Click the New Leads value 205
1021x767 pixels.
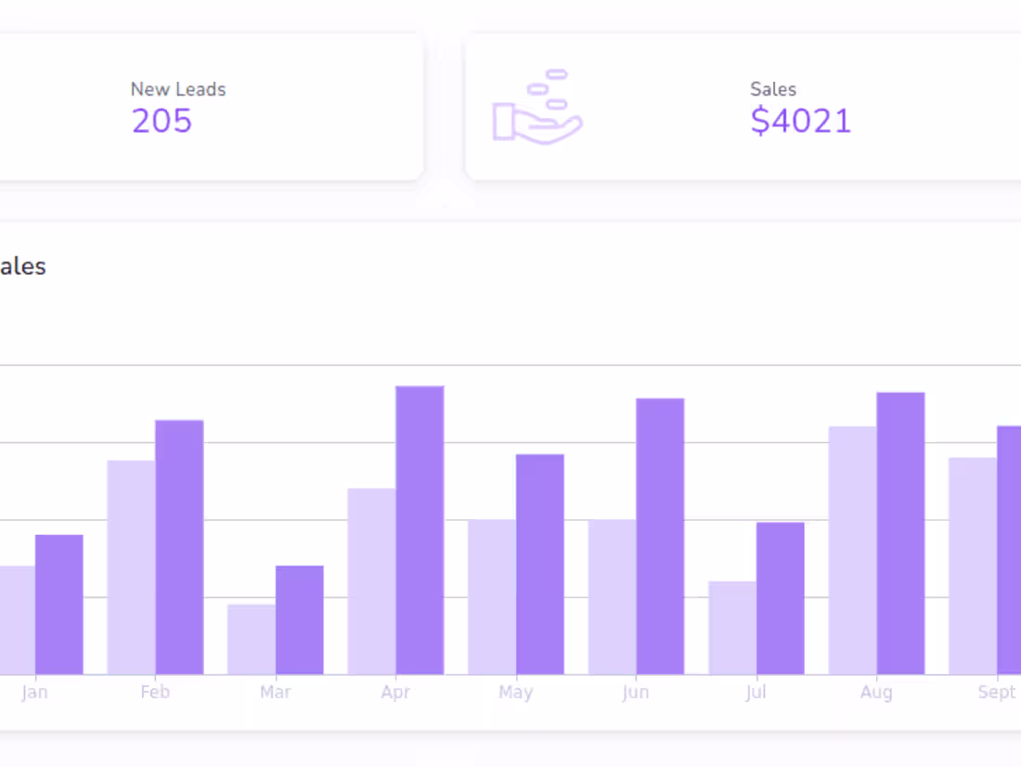(x=162, y=121)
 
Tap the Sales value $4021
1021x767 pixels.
(x=800, y=121)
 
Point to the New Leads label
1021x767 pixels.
(x=178, y=89)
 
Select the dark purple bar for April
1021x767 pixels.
(x=420, y=530)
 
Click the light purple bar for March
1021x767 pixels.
(x=252, y=640)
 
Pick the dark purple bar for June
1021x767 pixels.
(x=660, y=537)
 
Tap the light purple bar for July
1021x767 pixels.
(x=732, y=628)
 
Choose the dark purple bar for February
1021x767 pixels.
(x=179, y=547)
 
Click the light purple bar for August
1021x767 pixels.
(x=853, y=551)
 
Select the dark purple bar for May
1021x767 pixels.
(x=540, y=565)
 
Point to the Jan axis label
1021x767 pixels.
(x=34, y=693)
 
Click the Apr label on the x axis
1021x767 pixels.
(x=395, y=693)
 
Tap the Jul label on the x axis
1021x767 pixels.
(x=756, y=693)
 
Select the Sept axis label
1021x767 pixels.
(x=996, y=693)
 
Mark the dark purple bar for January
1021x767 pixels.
(x=59, y=604)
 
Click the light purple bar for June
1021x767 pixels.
(x=613, y=597)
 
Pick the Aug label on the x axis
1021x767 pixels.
(x=876, y=693)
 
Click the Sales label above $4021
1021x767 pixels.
(x=773, y=89)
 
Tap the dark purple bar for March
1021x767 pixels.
(x=300, y=620)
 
